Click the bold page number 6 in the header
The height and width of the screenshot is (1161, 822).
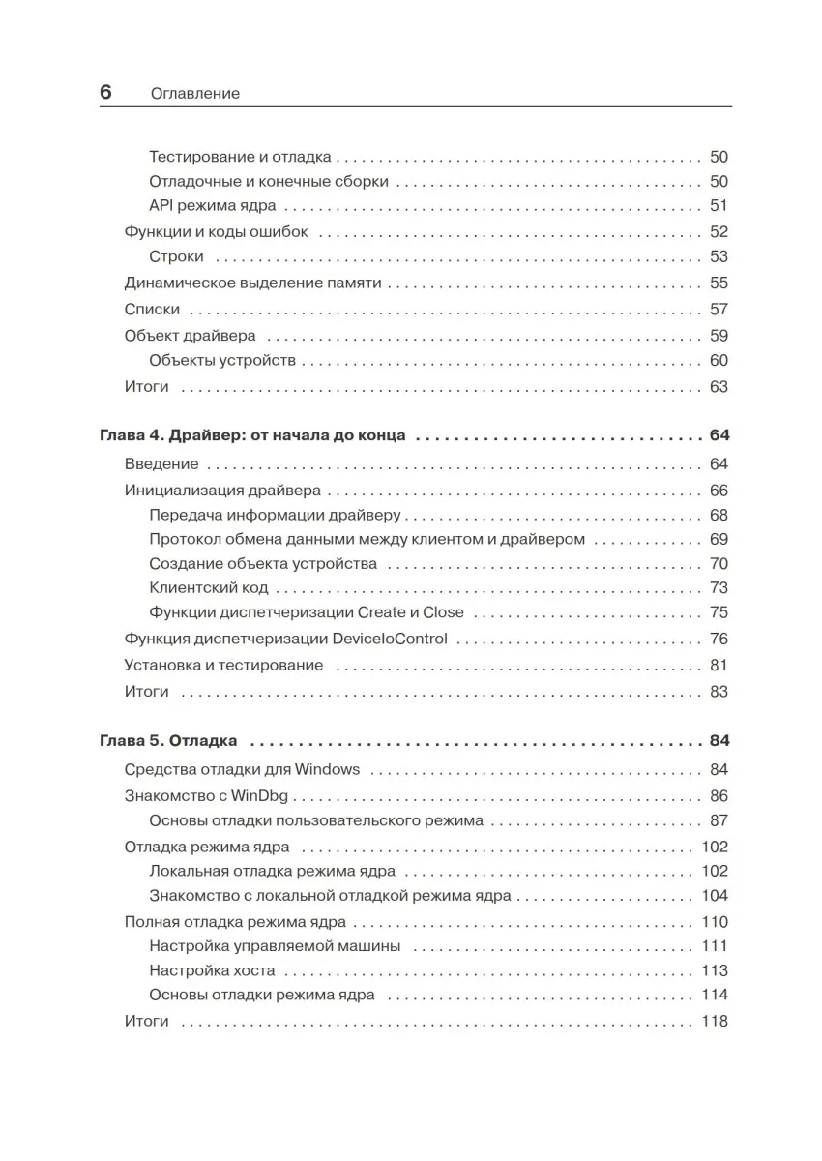click(x=105, y=93)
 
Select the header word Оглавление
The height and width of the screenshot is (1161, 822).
click(x=195, y=94)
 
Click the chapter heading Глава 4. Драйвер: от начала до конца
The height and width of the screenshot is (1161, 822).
click(x=252, y=436)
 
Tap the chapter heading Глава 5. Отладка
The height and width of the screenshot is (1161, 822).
click(x=168, y=741)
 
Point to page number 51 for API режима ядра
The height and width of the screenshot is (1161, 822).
click(x=719, y=205)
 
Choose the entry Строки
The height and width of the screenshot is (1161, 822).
click(x=177, y=256)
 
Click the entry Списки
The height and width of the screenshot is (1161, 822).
click(x=153, y=310)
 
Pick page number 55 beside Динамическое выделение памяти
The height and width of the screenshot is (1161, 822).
click(x=719, y=283)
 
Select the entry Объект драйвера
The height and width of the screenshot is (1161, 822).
click(x=191, y=336)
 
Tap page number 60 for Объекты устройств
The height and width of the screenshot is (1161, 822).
click(x=719, y=361)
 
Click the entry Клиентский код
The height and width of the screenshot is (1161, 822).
click(x=209, y=587)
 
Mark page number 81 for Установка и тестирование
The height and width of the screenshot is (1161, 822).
click(x=719, y=665)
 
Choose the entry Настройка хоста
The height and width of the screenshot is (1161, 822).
click(x=213, y=970)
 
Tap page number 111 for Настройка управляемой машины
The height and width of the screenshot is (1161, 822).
click(x=714, y=946)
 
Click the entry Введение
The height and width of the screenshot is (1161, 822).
click(x=161, y=464)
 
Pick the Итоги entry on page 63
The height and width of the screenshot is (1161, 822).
click(x=147, y=387)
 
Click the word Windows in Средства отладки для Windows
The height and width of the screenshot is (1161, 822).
click(x=327, y=770)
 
